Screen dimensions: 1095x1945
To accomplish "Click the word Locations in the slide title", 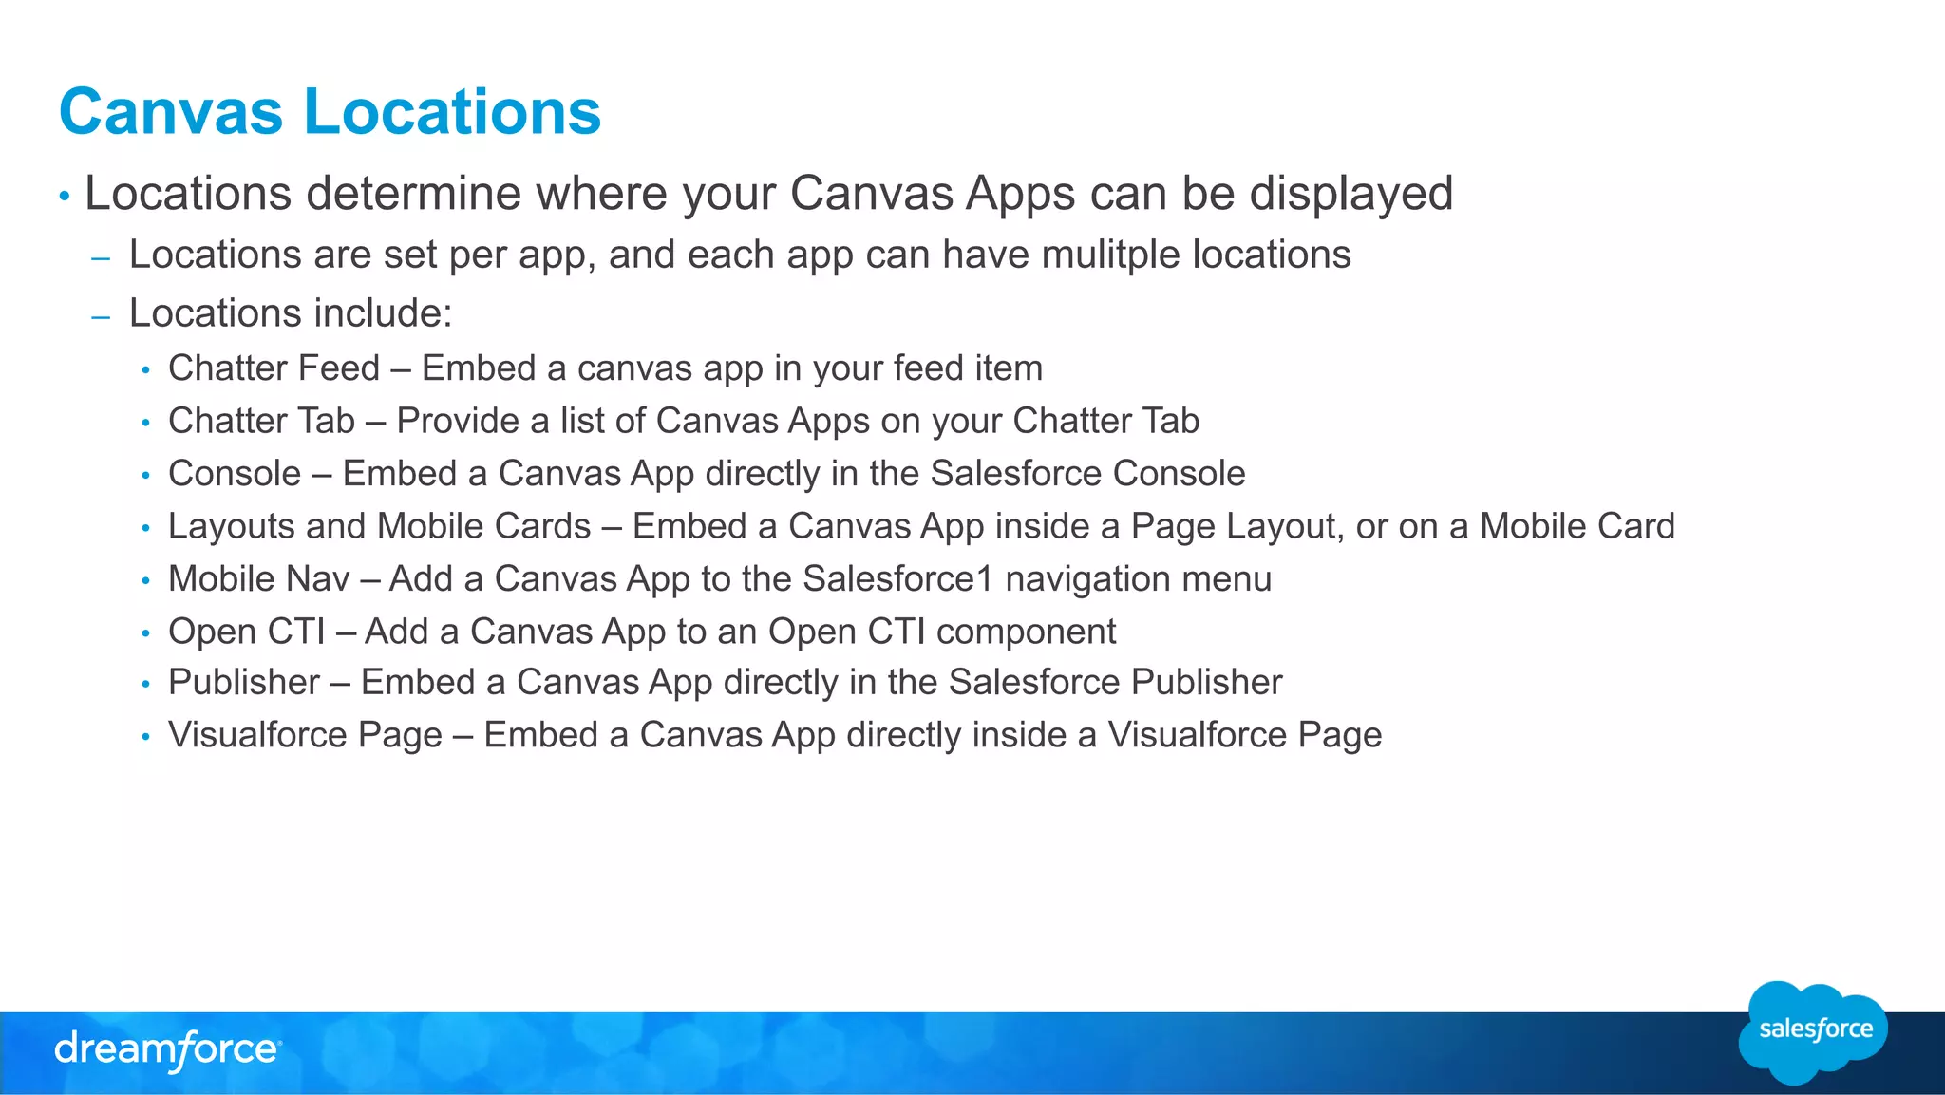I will (452, 112).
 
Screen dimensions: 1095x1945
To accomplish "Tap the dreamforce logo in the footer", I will (167, 1050).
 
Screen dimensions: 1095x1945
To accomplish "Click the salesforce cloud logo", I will (1814, 1031).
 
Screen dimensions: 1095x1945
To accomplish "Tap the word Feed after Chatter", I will (339, 368).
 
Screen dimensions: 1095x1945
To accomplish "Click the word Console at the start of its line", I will (235, 474).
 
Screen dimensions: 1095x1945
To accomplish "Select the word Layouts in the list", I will (231, 527).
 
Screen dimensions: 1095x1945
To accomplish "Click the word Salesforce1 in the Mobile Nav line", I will (897, 579).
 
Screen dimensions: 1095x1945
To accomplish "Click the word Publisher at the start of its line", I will (244, 683).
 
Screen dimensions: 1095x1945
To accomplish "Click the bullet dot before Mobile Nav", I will (145, 581).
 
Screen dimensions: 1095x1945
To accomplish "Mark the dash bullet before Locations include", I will (102, 316).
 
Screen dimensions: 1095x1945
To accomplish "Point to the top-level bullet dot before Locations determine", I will (65, 197).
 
